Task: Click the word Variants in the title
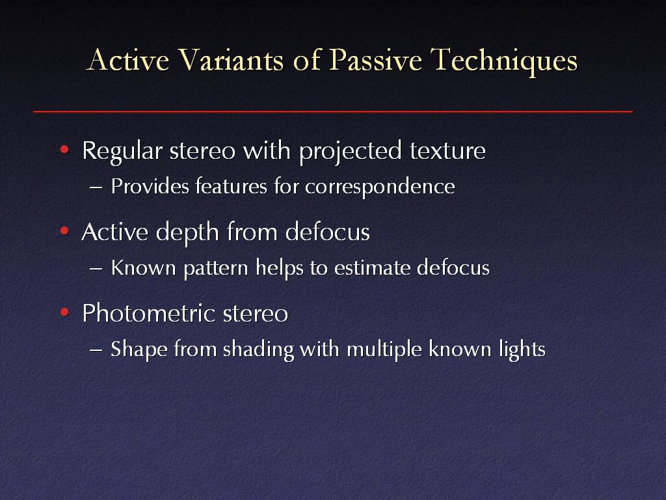pyautogui.click(x=231, y=59)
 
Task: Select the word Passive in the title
pyautogui.click(x=375, y=59)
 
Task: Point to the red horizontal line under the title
pyautogui.click(x=333, y=112)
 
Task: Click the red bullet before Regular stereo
pyautogui.click(x=64, y=149)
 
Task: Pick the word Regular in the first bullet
pyautogui.click(x=122, y=151)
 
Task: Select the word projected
pyautogui.click(x=351, y=151)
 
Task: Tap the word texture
pyautogui.click(x=447, y=152)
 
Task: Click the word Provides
pyautogui.click(x=150, y=186)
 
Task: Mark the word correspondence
pyautogui.click(x=380, y=187)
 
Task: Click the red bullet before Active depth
pyautogui.click(x=64, y=231)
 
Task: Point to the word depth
pyautogui.click(x=187, y=232)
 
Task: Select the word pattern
pyautogui.click(x=216, y=269)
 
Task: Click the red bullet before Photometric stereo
pyautogui.click(x=64, y=312)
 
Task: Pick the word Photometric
pyautogui.click(x=149, y=314)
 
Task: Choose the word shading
pyautogui.click(x=258, y=350)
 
